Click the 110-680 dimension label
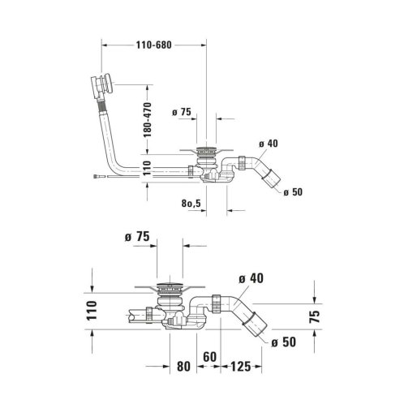tap(153, 45)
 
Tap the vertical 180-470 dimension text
tap(148, 119)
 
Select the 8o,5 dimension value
tap(191, 203)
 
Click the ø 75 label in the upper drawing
tap(182, 112)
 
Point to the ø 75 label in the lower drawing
tap(137, 237)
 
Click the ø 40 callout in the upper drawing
tap(269, 144)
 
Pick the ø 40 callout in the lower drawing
tap(251, 278)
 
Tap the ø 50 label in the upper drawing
tap(293, 192)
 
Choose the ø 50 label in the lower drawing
tap(284, 342)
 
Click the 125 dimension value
tap(241, 367)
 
